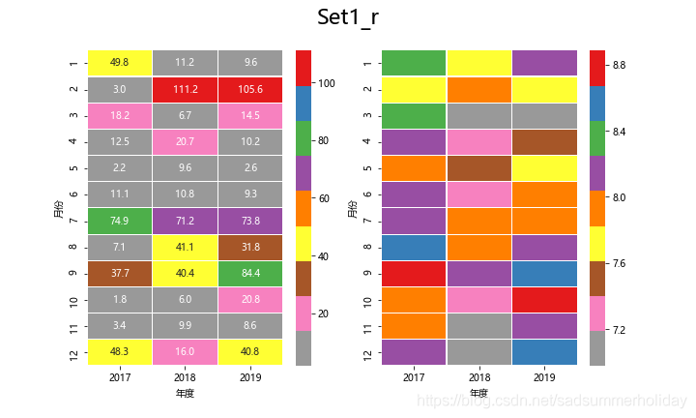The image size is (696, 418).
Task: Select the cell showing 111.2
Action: click(x=185, y=89)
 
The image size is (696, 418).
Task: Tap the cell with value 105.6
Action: click(x=249, y=89)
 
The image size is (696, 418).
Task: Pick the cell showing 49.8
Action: click(x=120, y=63)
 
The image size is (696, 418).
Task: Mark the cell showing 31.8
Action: click(x=249, y=247)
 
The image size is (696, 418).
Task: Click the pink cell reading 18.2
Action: click(x=120, y=115)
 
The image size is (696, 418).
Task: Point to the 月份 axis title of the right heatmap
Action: click(x=351, y=207)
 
